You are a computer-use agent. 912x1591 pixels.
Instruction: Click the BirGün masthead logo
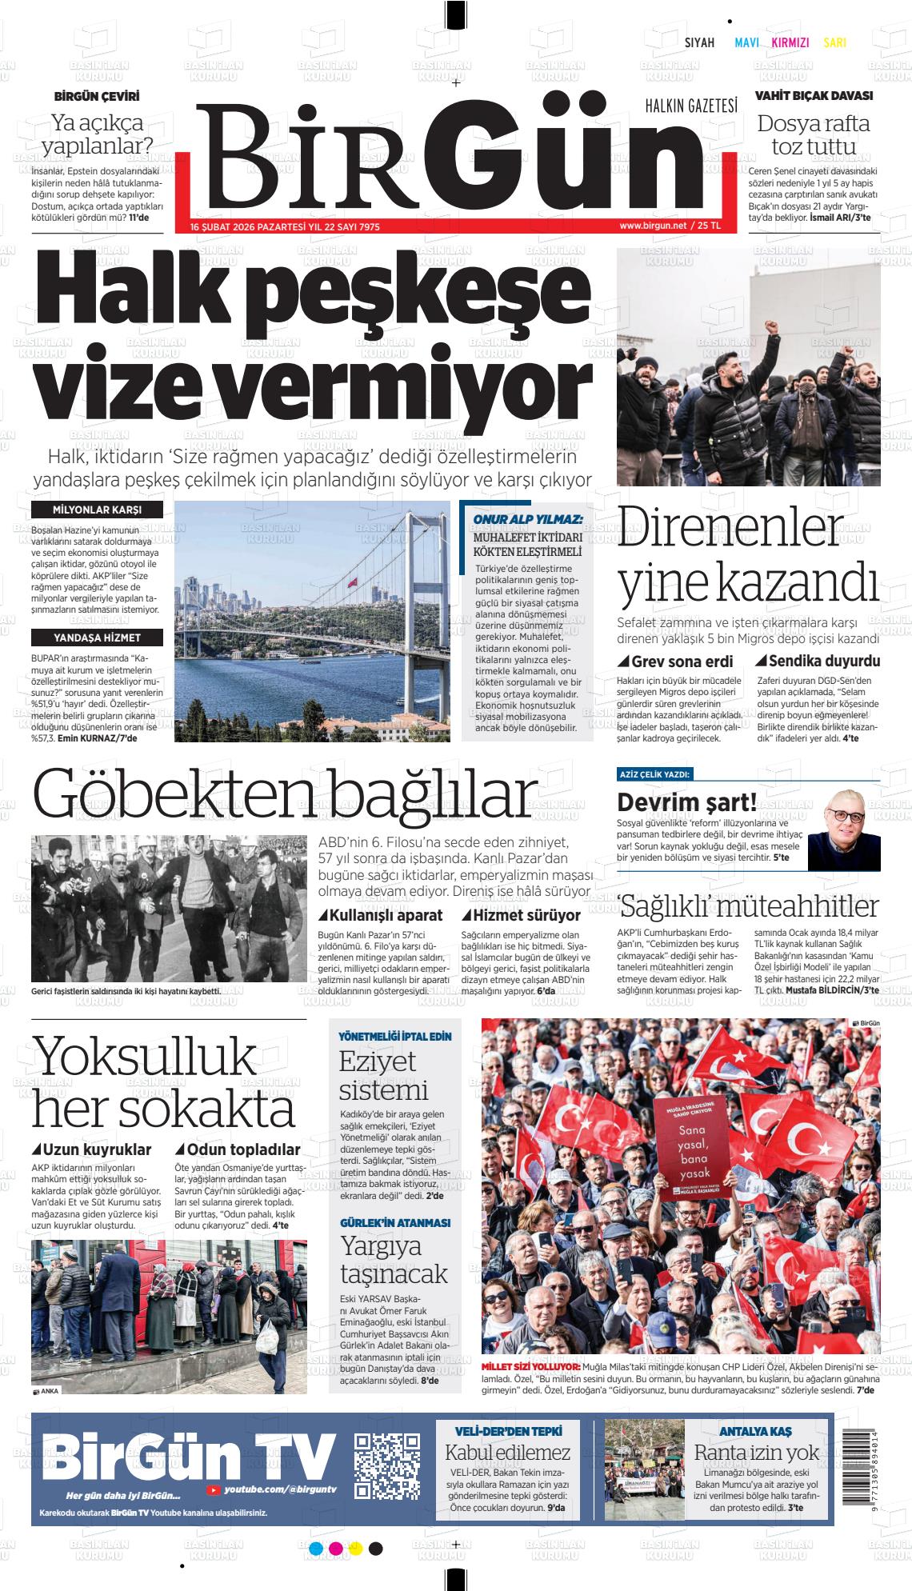[448, 160]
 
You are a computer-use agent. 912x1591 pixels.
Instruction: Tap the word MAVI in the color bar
[746, 43]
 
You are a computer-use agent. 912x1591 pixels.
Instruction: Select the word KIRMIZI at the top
[790, 43]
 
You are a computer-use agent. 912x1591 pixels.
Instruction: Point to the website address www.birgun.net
[653, 226]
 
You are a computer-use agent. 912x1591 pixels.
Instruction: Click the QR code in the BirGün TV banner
[387, 1466]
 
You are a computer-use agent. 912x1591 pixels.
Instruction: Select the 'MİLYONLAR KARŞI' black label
[97, 510]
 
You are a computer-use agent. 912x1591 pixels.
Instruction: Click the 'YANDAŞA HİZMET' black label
[97, 638]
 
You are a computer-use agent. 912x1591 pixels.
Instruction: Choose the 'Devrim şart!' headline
[686, 801]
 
